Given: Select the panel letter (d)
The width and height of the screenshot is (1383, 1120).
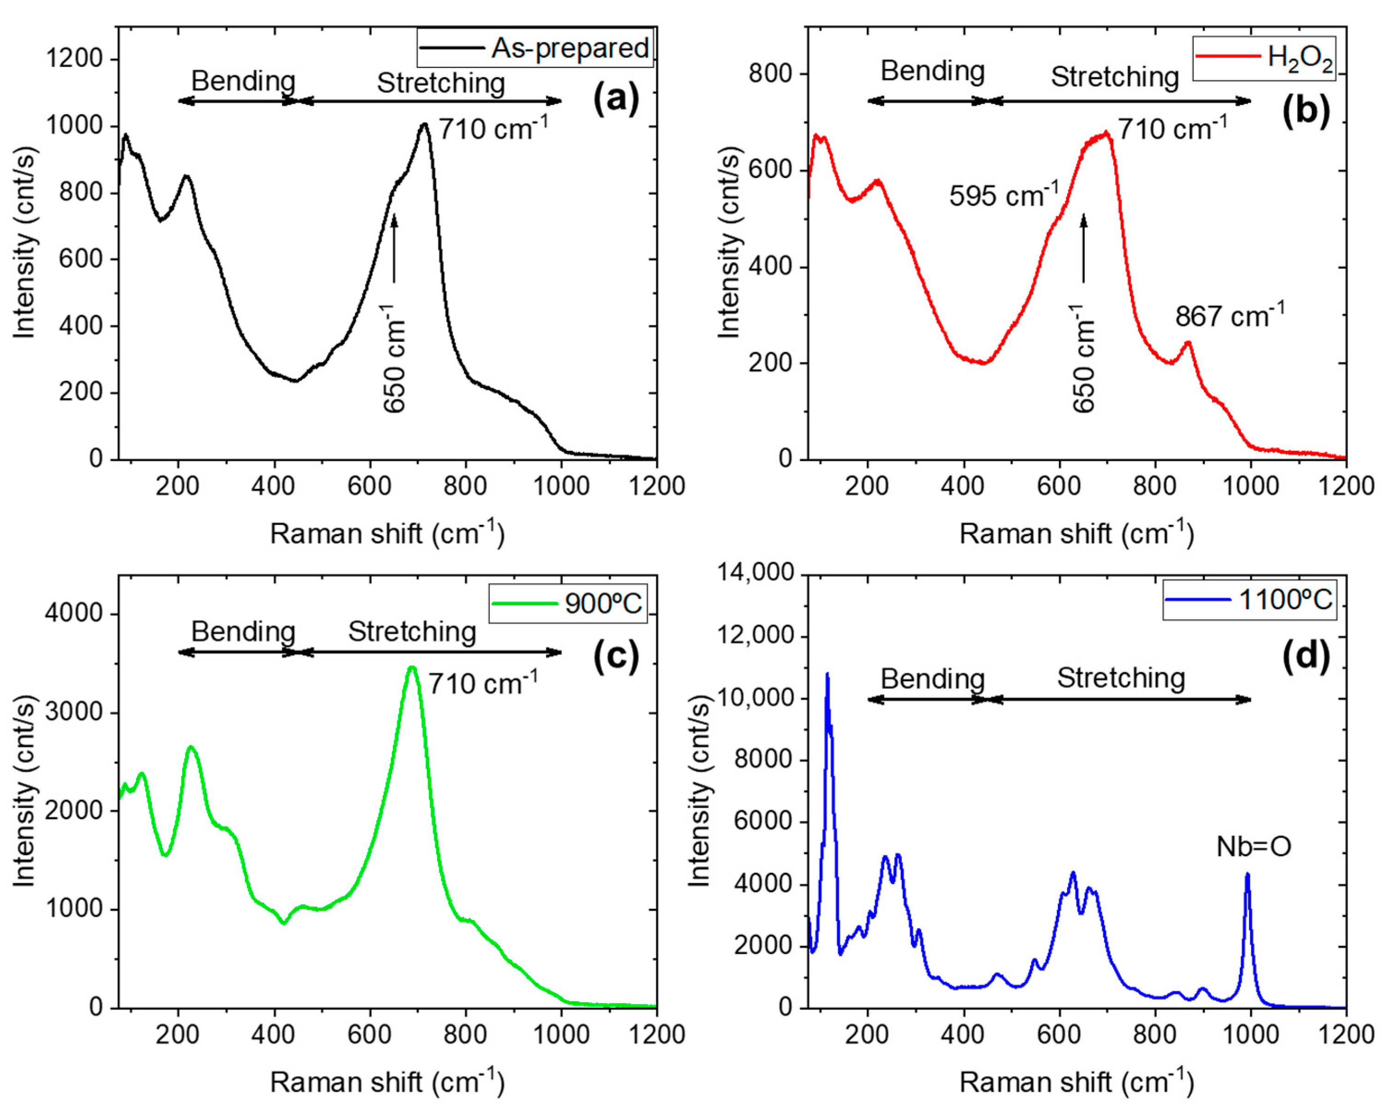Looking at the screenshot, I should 1305,657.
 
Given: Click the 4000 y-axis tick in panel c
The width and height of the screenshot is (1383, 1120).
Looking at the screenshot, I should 74,613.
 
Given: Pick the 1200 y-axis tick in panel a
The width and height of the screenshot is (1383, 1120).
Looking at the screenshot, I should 74,59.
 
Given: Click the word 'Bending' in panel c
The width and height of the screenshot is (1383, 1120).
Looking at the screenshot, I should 243,631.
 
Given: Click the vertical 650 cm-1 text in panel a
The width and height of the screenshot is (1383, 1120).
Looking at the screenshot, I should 394,359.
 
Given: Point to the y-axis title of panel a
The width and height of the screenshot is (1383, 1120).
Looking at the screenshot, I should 24,243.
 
